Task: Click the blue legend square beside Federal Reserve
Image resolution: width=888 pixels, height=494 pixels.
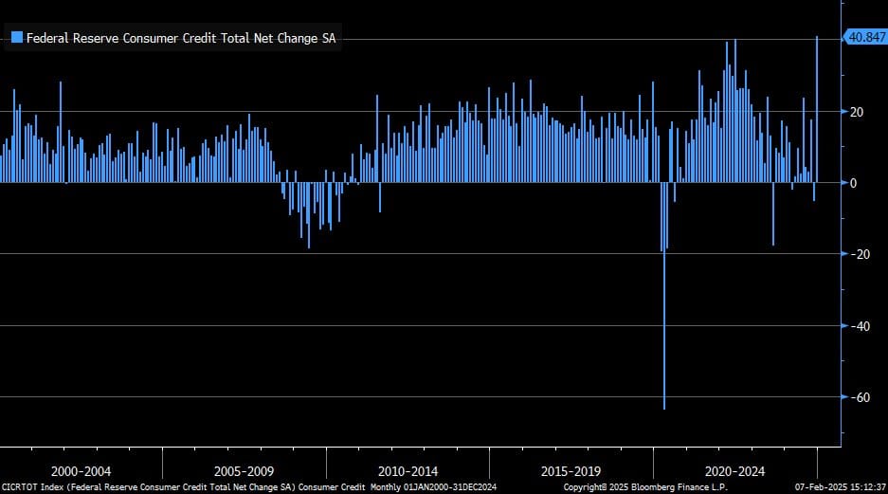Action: (x=16, y=39)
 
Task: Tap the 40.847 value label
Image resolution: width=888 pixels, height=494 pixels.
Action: (x=864, y=37)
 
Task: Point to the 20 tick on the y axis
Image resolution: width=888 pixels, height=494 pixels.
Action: (x=857, y=111)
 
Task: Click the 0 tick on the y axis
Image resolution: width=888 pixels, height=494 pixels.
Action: (x=854, y=182)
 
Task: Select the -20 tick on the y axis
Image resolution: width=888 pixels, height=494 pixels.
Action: (x=857, y=254)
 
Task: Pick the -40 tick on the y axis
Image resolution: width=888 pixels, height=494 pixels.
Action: (x=857, y=325)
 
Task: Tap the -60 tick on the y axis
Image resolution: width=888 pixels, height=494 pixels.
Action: (x=857, y=397)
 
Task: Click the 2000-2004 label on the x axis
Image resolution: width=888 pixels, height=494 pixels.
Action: (x=82, y=470)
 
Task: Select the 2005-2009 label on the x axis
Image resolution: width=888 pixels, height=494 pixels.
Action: (x=245, y=470)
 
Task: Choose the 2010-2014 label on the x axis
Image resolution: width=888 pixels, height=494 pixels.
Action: (x=408, y=470)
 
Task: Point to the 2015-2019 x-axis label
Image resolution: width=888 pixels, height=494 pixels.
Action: (x=571, y=470)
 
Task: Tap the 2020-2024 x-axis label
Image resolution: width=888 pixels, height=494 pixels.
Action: (x=734, y=470)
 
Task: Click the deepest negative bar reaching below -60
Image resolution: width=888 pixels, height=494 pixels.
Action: (x=664, y=360)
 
